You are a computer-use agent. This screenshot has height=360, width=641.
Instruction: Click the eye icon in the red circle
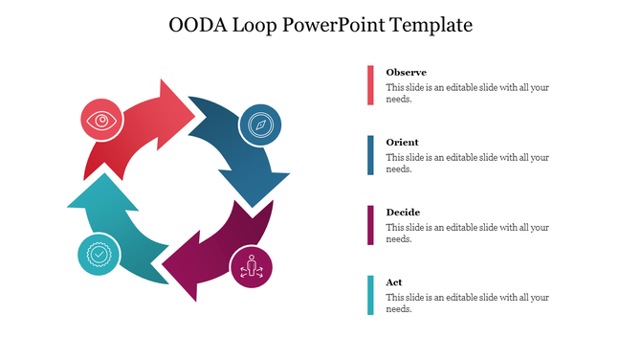[99, 121]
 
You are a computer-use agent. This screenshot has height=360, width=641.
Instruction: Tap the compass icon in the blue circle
[259, 124]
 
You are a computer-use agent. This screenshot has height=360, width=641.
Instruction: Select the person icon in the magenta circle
[252, 265]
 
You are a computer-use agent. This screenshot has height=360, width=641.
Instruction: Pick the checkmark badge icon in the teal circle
[99, 254]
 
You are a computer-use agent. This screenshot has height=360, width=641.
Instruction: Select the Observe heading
[406, 73]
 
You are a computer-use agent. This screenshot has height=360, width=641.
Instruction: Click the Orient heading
[402, 143]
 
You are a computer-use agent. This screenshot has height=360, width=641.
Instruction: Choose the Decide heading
[403, 213]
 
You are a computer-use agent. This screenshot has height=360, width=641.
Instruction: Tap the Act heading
[393, 282]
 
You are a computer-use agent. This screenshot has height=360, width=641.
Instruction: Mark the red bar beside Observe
[369, 85]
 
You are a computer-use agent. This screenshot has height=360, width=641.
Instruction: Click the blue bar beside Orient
[369, 155]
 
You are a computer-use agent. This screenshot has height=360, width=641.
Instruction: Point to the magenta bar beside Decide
[369, 225]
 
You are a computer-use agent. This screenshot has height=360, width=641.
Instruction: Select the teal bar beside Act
[369, 295]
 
